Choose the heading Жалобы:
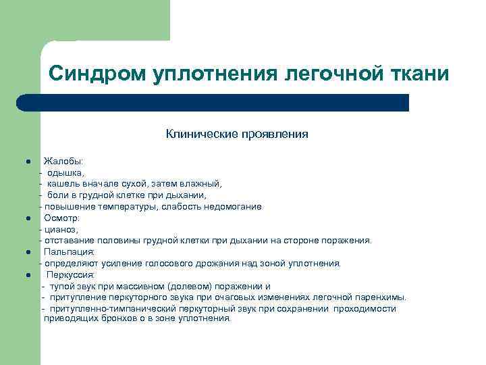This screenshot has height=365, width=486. point(63,162)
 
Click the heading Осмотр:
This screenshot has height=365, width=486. point(62,218)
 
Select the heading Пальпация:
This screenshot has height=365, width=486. point(70,252)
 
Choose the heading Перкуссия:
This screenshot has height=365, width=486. point(71,275)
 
